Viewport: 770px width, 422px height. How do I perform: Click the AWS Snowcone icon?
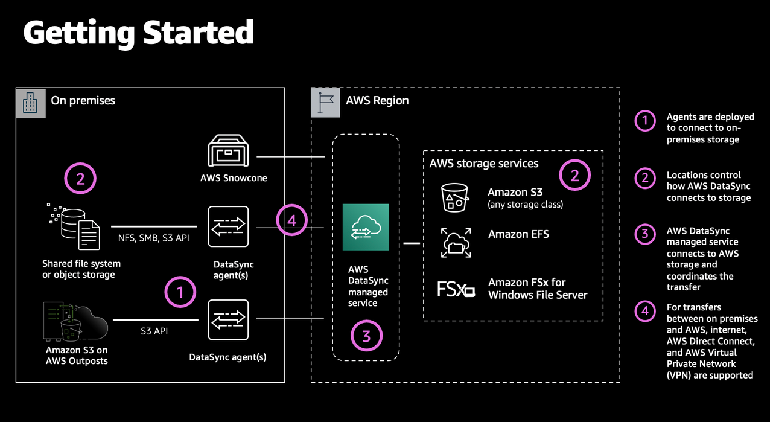228,151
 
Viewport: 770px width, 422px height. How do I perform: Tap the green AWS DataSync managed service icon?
366,227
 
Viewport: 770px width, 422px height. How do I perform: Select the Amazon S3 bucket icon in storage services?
455,197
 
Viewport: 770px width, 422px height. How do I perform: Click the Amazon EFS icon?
456,243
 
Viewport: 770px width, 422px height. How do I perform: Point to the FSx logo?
456,289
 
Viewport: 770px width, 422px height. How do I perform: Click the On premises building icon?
31,103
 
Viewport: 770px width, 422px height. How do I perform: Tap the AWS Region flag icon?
325,103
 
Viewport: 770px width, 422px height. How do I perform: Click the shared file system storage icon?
74,226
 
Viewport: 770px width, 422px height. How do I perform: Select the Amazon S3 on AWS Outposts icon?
75,322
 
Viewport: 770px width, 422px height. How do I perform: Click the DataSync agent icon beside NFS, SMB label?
228,226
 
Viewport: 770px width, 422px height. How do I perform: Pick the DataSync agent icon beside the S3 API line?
228,320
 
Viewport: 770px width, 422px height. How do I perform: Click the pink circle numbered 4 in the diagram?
292,220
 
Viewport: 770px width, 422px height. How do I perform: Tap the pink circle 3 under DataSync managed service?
366,336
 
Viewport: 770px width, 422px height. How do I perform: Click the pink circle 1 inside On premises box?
180,292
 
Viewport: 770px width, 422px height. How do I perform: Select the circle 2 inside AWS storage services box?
574,175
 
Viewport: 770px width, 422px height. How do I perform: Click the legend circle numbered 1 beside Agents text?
645,121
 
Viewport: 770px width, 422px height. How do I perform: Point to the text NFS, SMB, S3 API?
154,238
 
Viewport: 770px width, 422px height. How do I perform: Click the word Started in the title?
199,33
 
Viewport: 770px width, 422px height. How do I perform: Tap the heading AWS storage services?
483,164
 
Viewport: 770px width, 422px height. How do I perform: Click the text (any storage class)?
525,205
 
